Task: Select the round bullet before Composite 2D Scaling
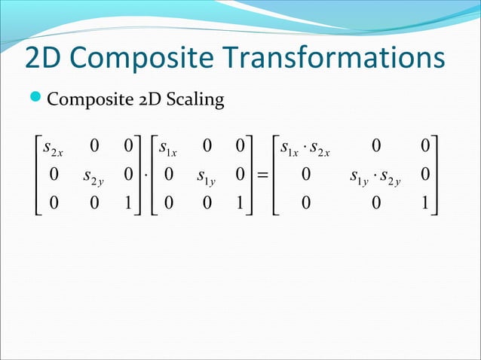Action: (x=37, y=99)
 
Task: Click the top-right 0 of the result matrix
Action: (x=427, y=145)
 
